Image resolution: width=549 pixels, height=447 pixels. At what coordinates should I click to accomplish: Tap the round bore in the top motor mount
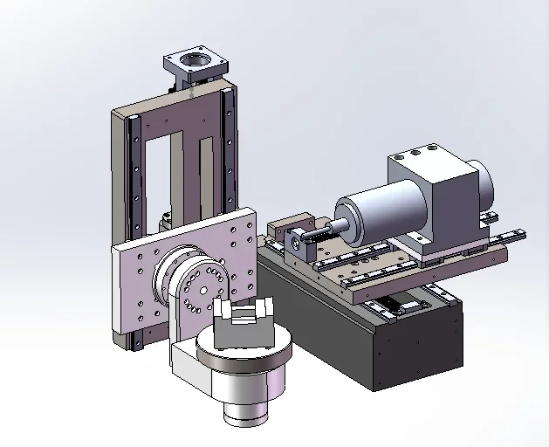(x=194, y=61)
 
